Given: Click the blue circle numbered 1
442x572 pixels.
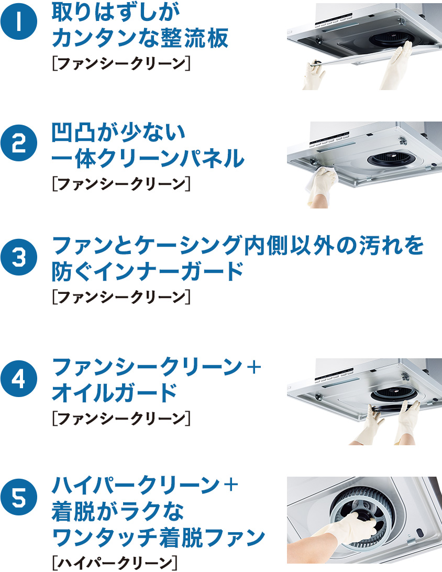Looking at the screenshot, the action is (x=19, y=21).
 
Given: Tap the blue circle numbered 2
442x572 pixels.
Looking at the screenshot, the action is (x=19, y=143).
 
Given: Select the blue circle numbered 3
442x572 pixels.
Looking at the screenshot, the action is (x=19, y=257).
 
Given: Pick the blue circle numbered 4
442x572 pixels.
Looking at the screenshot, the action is (x=19, y=379).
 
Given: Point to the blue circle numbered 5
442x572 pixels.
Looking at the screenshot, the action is (x=19, y=497).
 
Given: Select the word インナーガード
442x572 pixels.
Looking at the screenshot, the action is (x=170, y=271).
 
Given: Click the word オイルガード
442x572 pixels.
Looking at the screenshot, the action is (x=115, y=392).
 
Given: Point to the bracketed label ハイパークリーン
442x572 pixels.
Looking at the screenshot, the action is (x=115, y=562).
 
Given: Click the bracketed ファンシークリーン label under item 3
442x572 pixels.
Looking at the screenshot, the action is (x=121, y=297).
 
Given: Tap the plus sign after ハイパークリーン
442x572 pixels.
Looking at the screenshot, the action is (x=230, y=485).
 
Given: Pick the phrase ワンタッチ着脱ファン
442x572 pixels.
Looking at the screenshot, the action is (x=158, y=536).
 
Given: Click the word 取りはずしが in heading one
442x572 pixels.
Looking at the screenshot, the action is (x=116, y=12).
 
